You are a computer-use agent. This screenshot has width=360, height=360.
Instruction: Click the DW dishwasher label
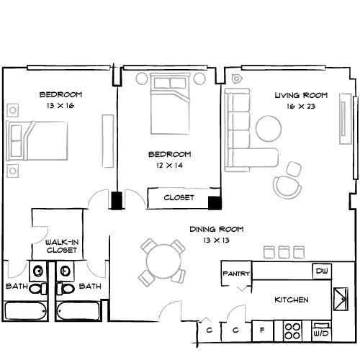point(321,271)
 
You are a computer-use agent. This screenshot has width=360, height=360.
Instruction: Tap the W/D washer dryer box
point(320,333)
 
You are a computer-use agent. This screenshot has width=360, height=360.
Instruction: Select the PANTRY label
point(235,274)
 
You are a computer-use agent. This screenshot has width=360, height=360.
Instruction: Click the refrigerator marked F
point(261,331)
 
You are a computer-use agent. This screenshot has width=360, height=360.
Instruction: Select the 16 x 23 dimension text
point(300,107)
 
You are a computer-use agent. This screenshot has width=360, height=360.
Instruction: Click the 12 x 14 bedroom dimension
point(169,166)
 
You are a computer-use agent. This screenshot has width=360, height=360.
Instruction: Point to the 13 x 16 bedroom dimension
point(60,106)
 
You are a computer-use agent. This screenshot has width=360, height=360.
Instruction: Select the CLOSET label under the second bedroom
point(178,197)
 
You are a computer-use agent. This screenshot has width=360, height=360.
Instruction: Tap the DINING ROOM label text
point(216,229)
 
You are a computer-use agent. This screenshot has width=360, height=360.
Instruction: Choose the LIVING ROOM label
point(301,95)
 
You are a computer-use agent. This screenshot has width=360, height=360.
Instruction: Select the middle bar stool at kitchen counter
point(284,251)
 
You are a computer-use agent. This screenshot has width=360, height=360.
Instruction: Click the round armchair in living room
point(287,186)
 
